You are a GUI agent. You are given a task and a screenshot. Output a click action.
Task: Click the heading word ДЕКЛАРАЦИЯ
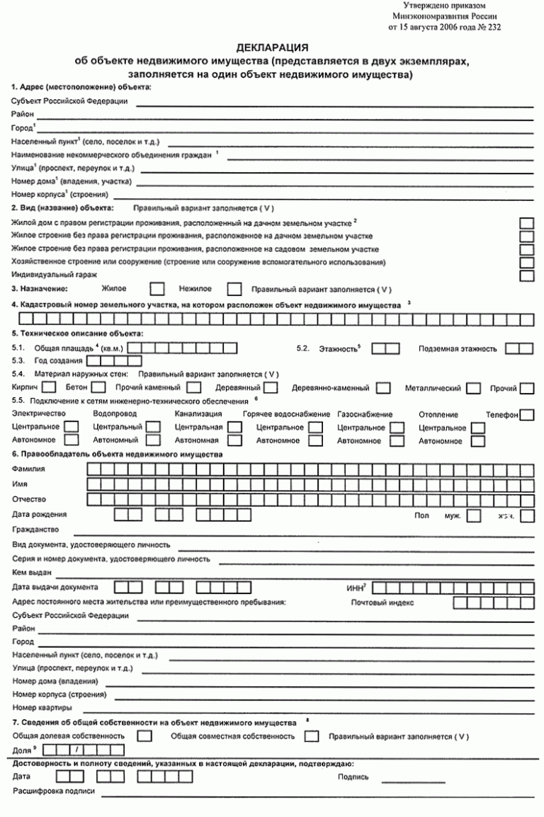coord(271,48)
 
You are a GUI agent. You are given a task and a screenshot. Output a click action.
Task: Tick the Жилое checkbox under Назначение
coord(159,289)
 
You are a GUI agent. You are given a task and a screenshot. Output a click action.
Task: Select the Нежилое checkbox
coord(234,289)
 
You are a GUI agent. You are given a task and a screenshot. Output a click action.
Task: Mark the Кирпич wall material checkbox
coord(49,388)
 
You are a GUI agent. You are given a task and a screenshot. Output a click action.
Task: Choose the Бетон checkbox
coord(99,388)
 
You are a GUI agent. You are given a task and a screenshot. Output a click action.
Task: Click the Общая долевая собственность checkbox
coord(144,736)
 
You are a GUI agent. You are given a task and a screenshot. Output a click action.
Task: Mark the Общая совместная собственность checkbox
coord(312,736)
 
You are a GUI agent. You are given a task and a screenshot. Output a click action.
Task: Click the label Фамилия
coord(28,469)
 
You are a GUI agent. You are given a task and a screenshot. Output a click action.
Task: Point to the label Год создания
coord(55,361)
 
